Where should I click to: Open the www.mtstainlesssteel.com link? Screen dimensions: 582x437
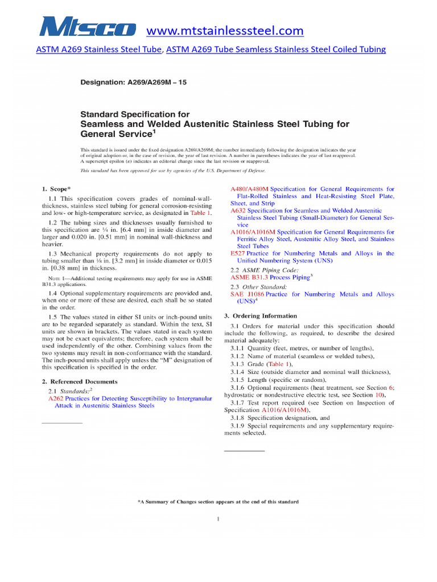click(x=225, y=30)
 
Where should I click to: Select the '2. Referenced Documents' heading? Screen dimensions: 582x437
click(x=80, y=381)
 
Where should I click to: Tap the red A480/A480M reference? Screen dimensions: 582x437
click(x=249, y=189)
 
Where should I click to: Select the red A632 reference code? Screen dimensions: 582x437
click(x=238, y=210)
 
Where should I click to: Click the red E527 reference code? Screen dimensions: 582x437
click(x=238, y=253)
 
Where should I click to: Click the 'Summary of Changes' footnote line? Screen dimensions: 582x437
click(x=218, y=502)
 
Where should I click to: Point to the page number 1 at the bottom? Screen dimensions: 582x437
click(x=218, y=519)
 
